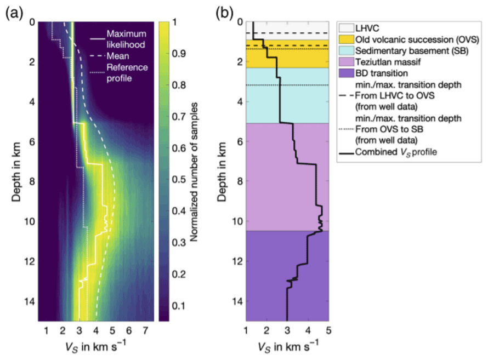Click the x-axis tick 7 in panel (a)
pos(145,330)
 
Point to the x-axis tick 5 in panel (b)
pos(328,330)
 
